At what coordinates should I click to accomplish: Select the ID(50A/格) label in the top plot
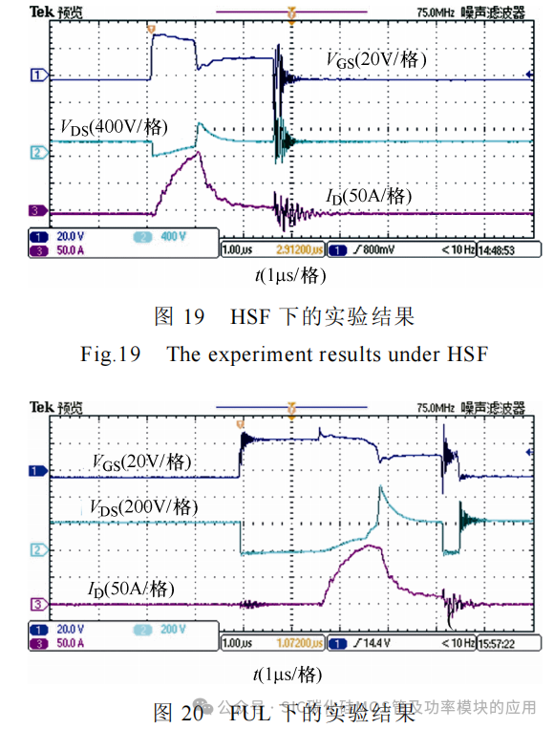coord(368,196)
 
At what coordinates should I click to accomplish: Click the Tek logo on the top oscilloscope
coord(39,12)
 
